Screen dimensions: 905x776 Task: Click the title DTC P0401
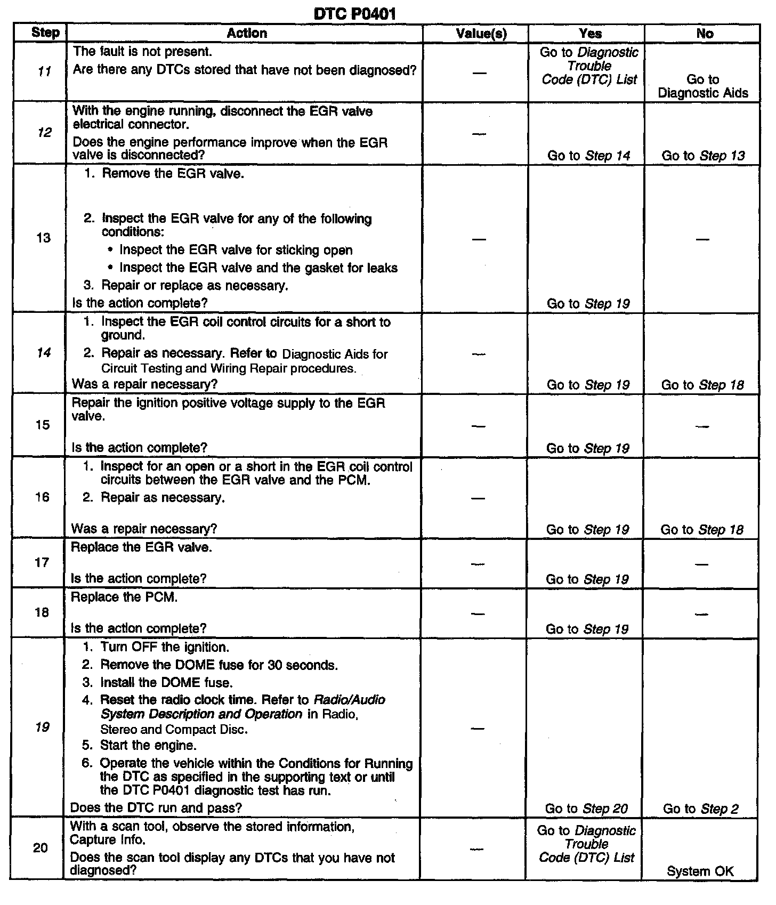[x=354, y=13]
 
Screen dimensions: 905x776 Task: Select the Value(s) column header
[x=481, y=34]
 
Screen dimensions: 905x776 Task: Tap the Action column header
[x=246, y=33]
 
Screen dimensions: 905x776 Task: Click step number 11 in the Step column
[x=45, y=71]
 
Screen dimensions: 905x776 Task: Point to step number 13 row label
[x=43, y=238]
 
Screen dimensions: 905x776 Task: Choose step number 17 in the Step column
[x=42, y=562]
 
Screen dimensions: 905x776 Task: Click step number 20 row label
[x=41, y=848]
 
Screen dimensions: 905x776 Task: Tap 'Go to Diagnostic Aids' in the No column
[x=702, y=86]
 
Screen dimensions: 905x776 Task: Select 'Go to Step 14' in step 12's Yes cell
[x=588, y=156]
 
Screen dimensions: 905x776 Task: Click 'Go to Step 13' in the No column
[x=703, y=156]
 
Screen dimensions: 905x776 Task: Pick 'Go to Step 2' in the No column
[x=700, y=809]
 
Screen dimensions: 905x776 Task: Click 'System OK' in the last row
[x=700, y=871]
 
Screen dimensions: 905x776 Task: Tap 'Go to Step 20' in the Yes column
[x=586, y=809]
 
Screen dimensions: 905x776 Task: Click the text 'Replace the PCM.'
[x=124, y=597]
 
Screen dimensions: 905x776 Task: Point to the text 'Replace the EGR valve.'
[x=141, y=547]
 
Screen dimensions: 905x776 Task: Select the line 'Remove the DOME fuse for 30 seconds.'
[x=219, y=665]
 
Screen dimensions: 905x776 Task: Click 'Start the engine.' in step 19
[x=148, y=745]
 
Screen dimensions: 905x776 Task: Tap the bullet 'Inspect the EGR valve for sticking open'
[x=236, y=250]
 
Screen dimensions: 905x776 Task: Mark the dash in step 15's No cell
[x=702, y=426]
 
